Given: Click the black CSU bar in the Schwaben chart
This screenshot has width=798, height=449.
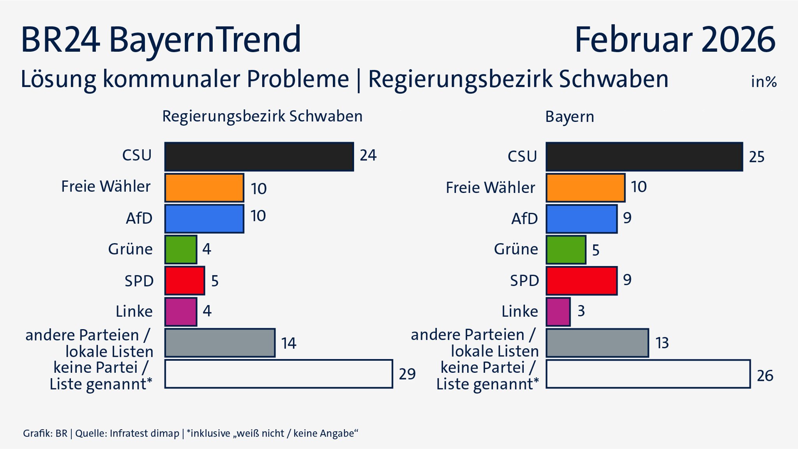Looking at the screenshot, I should coord(259,156).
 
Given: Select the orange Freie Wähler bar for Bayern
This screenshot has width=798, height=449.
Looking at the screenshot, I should coord(585,188).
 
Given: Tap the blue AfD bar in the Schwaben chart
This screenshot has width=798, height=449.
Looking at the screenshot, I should coord(204,219).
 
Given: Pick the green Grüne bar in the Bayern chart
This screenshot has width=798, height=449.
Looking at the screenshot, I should coord(566,249).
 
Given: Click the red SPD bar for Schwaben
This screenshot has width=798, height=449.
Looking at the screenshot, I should coord(185,281).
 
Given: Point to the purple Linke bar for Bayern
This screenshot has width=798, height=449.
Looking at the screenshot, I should coord(558,312).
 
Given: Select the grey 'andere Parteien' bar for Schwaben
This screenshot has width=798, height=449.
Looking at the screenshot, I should coord(220,343).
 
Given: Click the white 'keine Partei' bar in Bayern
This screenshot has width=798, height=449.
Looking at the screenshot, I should coord(648,374).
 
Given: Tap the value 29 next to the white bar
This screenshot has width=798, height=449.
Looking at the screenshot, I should coord(407,374).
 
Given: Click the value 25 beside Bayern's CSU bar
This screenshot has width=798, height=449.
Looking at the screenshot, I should coord(757,157).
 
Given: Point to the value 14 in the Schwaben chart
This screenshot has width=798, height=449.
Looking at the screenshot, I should coord(289,343).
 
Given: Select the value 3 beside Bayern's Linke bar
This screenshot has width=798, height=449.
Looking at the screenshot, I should coord(581,311).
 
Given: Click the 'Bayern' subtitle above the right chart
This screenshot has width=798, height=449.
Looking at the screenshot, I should coord(570,117).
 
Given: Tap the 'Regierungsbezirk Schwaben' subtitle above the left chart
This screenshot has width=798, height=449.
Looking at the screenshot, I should coord(262,116).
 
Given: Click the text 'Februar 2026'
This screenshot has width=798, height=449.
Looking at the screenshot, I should coord(675,40).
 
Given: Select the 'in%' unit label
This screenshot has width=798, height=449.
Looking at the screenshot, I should coord(764,82).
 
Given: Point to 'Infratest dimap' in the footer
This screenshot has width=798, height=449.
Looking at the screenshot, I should coord(144,433).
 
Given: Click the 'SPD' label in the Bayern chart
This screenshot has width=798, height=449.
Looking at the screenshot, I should coord(524,281).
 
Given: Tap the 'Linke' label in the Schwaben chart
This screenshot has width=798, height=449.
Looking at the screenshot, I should coord(134,311).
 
